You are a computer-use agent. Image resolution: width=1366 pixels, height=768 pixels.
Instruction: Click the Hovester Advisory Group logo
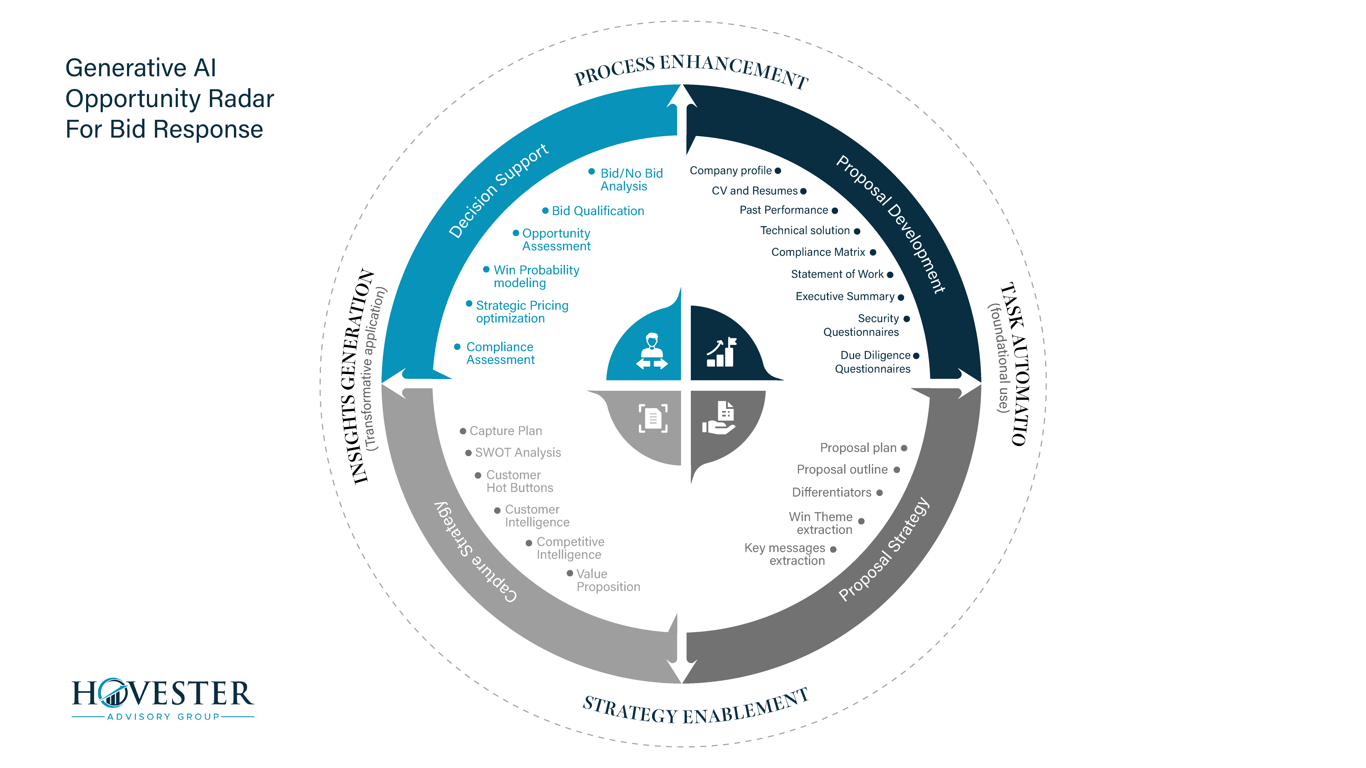click(x=163, y=699)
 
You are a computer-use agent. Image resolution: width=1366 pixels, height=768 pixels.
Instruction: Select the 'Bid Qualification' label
click(x=598, y=211)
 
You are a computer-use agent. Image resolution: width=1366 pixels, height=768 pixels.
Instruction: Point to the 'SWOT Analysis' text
click(x=518, y=453)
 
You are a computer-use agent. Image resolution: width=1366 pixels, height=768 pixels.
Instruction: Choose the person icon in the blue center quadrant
click(x=652, y=351)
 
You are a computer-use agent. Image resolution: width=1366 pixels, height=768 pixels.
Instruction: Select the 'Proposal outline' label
click(x=842, y=470)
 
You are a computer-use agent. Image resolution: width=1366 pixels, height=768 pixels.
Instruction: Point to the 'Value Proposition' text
click(x=608, y=580)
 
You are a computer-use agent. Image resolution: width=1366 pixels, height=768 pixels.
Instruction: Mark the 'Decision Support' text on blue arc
click(x=498, y=191)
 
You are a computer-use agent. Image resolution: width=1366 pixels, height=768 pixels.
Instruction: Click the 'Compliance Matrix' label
click(x=818, y=252)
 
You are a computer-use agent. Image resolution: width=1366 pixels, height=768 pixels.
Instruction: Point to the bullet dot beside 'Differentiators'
click(x=879, y=493)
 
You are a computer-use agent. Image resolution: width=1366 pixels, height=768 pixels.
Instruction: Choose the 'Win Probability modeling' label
click(x=536, y=277)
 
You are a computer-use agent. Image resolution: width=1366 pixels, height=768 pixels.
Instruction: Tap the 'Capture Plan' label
click(x=505, y=431)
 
